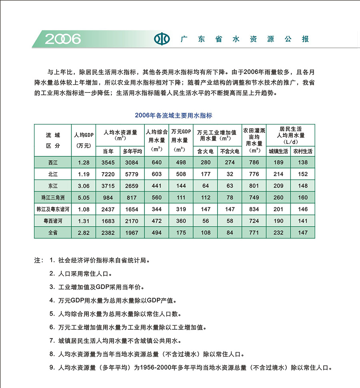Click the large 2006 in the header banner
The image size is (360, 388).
pyautogui.click(x=63, y=39)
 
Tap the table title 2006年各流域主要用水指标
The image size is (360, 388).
pyautogui.click(x=173, y=115)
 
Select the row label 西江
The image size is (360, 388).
pyautogui.click(x=53, y=163)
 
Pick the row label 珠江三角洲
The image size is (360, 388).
pyautogui.click(x=53, y=197)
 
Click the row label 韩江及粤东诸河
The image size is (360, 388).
pyautogui.click(x=53, y=209)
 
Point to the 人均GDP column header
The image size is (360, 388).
pyautogui.click(x=84, y=139)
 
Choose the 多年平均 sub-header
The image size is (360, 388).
pyautogui.click(x=132, y=151)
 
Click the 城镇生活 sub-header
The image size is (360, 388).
pyautogui.click(x=278, y=151)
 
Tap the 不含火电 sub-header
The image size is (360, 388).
pyautogui.click(x=230, y=151)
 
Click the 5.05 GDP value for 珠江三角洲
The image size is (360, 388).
pyautogui.click(x=84, y=197)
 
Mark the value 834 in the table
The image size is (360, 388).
pyautogui.click(x=254, y=209)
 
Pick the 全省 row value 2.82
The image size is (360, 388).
pyautogui.click(x=84, y=233)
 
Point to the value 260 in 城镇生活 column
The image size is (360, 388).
pyautogui.click(x=278, y=197)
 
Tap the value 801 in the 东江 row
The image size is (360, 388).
pyautogui.click(x=254, y=186)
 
